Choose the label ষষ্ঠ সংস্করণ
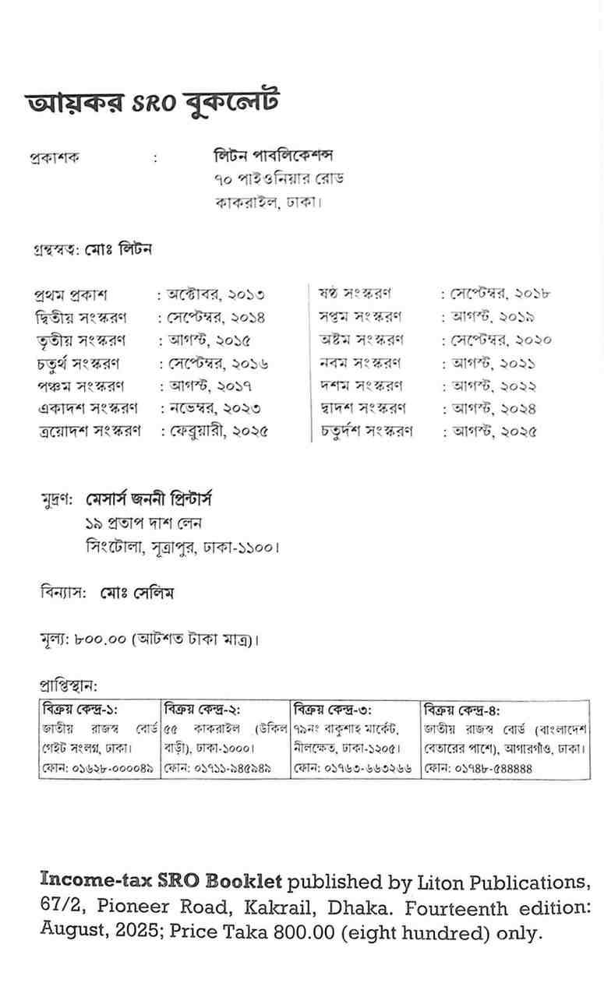click(x=355, y=294)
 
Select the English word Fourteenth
click(x=427, y=908)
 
